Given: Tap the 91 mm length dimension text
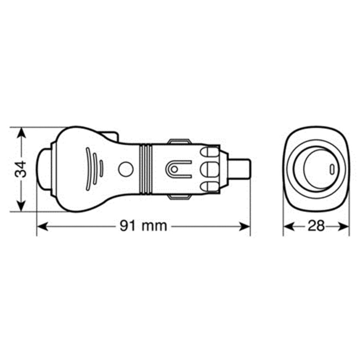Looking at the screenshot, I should coord(143,226).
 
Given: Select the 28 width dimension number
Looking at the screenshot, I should coord(316,226).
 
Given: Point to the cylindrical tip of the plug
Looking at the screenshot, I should coord(242,169).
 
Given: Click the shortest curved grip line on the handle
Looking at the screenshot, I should coord(102,168).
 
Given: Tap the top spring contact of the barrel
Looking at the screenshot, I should coord(179,141).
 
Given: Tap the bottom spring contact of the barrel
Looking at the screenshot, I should coord(179,196).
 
